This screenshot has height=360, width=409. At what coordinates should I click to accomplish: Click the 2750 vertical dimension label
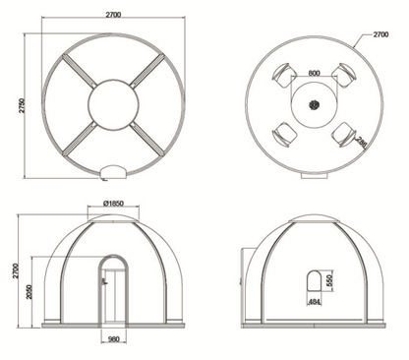[x=22, y=105]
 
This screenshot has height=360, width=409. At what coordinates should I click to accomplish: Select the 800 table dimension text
[x=314, y=73]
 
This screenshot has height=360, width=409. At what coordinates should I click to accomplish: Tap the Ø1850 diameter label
[x=113, y=204]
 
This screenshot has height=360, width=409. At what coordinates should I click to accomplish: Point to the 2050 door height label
[x=29, y=292]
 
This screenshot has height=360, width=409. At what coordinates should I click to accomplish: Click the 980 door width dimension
[x=113, y=339]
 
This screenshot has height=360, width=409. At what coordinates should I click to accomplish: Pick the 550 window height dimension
[x=329, y=280]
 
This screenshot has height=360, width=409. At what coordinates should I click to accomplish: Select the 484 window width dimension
[x=314, y=302]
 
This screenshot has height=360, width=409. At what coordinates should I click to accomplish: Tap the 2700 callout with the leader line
[x=380, y=34]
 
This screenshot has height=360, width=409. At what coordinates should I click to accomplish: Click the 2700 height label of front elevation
[x=16, y=270]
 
